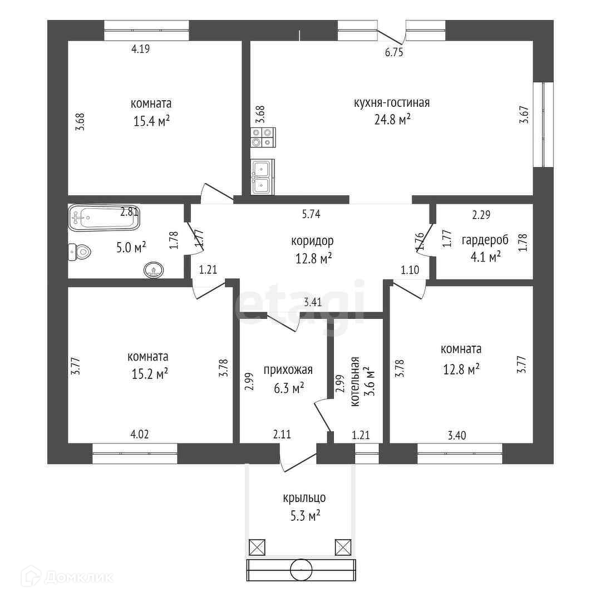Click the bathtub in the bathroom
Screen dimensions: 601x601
(x=104, y=218)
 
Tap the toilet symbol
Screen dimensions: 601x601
(x=79, y=253)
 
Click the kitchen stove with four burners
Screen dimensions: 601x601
(x=262, y=137)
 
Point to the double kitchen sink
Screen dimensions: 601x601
(x=262, y=176)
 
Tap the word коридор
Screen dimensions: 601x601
(x=312, y=241)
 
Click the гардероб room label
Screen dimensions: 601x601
(x=485, y=240)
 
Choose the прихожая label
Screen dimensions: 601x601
(x=288, y=370)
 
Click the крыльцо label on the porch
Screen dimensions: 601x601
(x=303, y=498)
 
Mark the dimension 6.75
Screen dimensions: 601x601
(x=394, y=53)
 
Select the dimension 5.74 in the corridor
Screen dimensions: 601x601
(x=311, y=213)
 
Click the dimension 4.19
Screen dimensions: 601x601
(x=141, y=49)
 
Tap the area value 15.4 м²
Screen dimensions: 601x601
(x=151, y=120)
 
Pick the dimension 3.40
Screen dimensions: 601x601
(x=456, y=435)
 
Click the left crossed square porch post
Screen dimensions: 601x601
(x=257, y=547)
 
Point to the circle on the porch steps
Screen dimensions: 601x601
(x=301, y=569)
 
